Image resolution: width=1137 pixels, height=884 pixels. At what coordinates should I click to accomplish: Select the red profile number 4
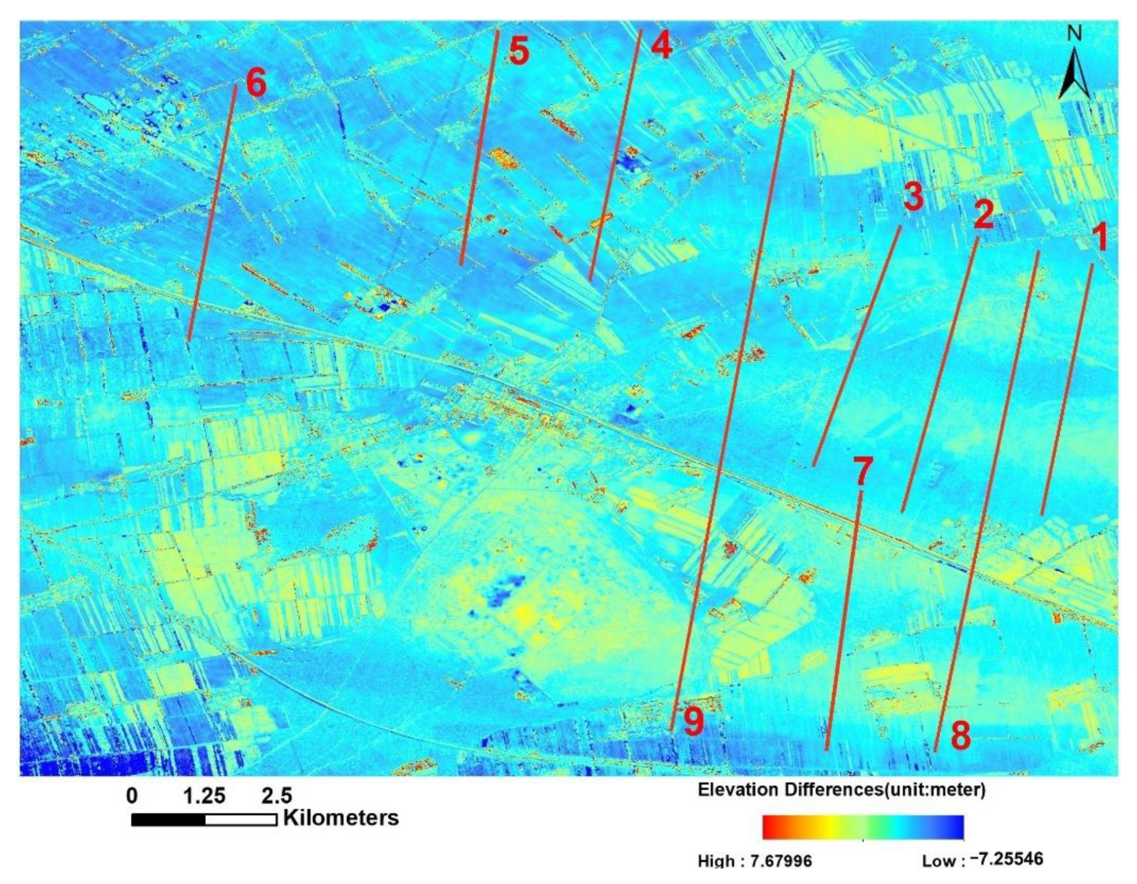point(661,46)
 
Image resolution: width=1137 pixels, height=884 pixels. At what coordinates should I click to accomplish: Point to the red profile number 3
point(913,198)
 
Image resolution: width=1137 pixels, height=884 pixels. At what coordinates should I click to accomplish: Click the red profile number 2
point(983,215)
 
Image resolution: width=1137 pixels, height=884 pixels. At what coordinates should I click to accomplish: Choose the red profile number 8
point(961,736)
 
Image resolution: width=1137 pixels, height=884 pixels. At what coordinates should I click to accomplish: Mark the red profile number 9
point(694,723)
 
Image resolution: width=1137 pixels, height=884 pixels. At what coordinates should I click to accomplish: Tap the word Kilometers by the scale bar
point(341,817)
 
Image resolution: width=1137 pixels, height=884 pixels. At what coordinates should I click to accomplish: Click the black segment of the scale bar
point(169,820)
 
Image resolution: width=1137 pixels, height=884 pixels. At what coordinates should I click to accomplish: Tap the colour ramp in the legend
point(863,842)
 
